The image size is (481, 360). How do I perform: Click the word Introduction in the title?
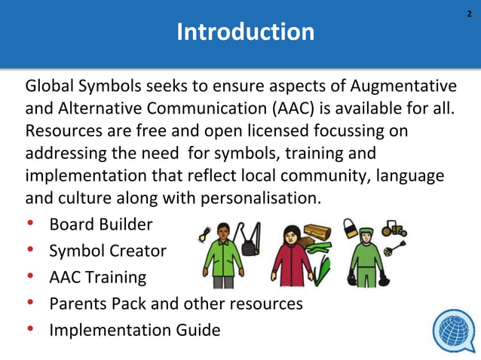click(x=245, y=32)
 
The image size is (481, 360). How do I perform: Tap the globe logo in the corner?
click(x=454, y=331)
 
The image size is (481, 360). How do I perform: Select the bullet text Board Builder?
click(x=100, y=224)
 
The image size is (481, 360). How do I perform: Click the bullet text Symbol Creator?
click(x=107, y=251)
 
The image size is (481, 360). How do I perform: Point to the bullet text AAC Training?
click(x=97, y=277)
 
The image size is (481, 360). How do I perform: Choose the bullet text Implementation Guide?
click(x=134, y=330)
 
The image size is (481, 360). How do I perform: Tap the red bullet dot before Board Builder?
click(x=31, y=224)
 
